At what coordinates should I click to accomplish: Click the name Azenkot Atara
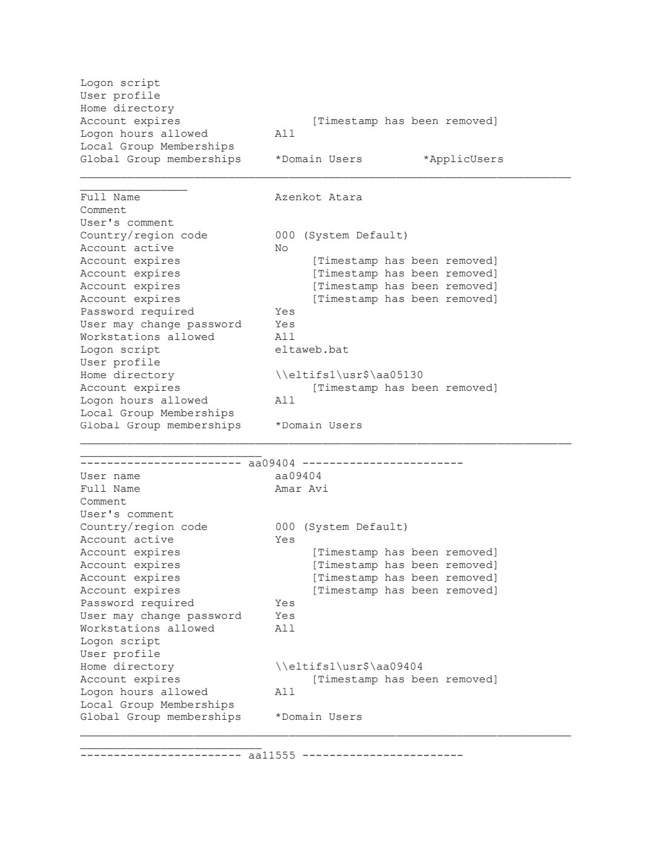(x=318, y=197)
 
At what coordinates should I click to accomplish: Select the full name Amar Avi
(x=301, y=489)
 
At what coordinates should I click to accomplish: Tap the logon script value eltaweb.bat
(x=311, y=350)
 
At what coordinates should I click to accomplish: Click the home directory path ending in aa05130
(x=348, y=375)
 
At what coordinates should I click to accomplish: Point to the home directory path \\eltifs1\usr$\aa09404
(x=348, y=667)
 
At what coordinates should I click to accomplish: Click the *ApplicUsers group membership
(x=463, y=159)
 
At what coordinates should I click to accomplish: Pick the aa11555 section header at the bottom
(x=272, y=755)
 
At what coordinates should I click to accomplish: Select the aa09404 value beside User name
(x=298, y=476)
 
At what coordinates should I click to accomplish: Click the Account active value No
(x=281, y=248)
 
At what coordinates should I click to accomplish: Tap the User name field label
(x=110, y=476)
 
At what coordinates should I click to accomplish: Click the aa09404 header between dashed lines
(x=272, y=463)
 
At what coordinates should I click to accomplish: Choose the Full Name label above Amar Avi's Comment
(x=110, y=489)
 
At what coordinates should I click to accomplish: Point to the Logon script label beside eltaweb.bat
(x=120, y=350)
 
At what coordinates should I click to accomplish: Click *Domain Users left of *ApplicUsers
(x=318, y=159)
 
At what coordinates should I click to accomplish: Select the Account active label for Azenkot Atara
(x=127, y=248)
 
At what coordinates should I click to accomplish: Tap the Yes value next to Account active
(x=285, y=540)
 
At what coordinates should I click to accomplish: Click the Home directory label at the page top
(x=127, y=108)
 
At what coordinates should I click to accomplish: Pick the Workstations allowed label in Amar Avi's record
(x=147, y=628)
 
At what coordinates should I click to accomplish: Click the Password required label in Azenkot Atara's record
(x=137, y=312)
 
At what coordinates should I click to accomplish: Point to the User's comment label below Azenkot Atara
(x=127, y=223)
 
